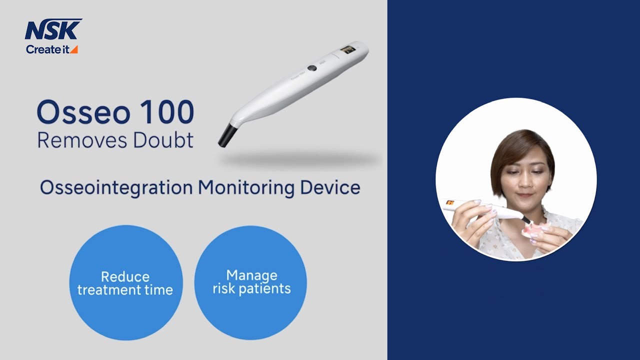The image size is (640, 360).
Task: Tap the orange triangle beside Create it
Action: [x=74, y=49]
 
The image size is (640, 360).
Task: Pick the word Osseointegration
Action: [x=116, y=187]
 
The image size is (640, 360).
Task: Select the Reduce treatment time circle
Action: [x=125, y=282]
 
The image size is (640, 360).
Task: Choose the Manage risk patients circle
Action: [x=250, y=282]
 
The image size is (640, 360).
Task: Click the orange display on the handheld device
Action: [x=450, y=202]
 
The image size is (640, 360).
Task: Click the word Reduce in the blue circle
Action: [x=125, y=276]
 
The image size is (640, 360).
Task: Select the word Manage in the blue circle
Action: [x=251, y=275]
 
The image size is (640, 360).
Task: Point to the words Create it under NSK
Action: [x=47, y=49]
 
